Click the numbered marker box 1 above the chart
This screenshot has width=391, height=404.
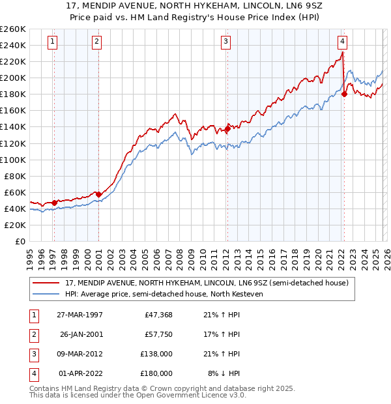51,42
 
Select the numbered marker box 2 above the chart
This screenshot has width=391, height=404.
96,42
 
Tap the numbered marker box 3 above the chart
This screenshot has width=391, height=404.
225,42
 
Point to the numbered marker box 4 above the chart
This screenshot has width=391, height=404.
342,42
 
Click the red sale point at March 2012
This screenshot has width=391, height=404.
227,128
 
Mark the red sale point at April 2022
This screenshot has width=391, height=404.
343,94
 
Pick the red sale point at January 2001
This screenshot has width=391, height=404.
98,194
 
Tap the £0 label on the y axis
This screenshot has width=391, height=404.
20,241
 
